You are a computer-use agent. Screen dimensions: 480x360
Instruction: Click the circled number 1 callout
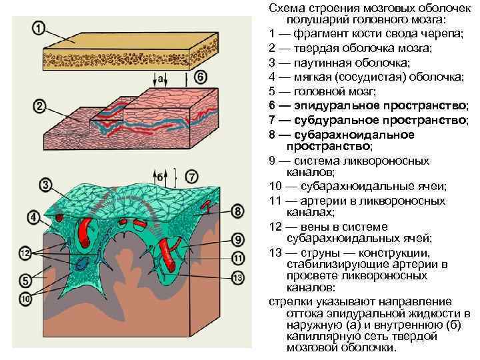39,28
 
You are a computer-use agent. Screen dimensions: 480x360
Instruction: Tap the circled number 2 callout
38,106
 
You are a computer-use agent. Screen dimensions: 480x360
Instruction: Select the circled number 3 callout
45,184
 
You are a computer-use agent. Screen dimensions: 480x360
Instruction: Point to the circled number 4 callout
33,217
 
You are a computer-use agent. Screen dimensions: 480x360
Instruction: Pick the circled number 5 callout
25,281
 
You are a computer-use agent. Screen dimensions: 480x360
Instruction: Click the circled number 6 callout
201,77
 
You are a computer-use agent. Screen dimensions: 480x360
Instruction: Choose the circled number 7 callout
191,177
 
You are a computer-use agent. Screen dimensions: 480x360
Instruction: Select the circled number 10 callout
25,299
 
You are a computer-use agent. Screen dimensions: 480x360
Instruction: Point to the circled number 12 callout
25,253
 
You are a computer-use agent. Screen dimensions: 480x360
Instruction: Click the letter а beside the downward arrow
161,78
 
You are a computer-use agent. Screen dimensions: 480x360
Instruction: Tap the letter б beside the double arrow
161,177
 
